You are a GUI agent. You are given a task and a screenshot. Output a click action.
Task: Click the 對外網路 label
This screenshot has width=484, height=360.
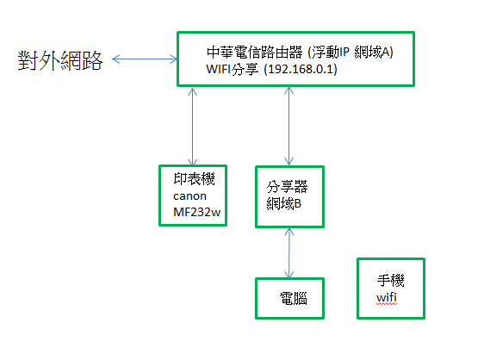pyautogui.click(x=60, y=60)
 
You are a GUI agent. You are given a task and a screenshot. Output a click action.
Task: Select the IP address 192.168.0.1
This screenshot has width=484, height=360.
pyautogui.click(x=302, y=69)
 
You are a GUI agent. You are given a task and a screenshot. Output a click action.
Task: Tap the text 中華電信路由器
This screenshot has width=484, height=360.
pyautogui.click(x=255, y=53)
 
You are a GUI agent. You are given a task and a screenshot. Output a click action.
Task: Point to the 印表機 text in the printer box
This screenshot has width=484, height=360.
pyautogui.click(x=194, y=179)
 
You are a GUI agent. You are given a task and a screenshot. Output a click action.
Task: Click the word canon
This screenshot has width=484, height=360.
pyautogui.click(x=189, y=196)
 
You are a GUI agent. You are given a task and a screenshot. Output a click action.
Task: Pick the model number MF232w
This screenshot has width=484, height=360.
pyautogui.click(x=197, y=212)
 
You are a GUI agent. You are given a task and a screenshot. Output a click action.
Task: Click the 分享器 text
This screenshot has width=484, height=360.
pyautogui.click(x=288, y=187)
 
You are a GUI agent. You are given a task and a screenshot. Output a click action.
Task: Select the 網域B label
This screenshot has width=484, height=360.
pyautogui.click(x=284, y=203)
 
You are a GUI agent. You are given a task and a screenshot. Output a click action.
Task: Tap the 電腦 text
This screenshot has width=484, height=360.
pyautogui.click(x=293, y=299)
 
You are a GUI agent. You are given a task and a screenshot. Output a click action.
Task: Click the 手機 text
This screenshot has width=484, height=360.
pyautogui.click(x=390, y=281)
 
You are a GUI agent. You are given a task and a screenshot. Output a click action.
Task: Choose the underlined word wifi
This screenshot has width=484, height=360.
pyautogui.click(x=387, y=298)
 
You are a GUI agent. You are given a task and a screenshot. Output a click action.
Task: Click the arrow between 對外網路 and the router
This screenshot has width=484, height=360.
pyautogui.click(x=145, y=59)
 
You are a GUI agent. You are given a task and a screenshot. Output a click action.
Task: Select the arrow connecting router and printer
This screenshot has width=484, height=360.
pyautogui.click(x=193, y=127)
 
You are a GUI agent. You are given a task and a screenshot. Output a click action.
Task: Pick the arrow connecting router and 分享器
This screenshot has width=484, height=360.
pyautogui.click(x=289, y=126)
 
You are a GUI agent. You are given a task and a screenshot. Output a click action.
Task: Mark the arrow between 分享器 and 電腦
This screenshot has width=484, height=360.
pyautogui.click(x=289, y=253)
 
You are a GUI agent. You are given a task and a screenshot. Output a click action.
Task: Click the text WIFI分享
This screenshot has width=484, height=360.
pyautogui.click(x=233, y=69)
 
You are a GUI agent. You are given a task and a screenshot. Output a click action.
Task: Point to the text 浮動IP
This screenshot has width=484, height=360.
pyautogui.click(x=331, y=53)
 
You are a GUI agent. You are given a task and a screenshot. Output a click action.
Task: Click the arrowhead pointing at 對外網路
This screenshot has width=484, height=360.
pyautogui.click(x=115, y=59)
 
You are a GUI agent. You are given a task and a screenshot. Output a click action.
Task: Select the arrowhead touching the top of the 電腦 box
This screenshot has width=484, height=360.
pyautogui.click(x=289, y=275)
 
